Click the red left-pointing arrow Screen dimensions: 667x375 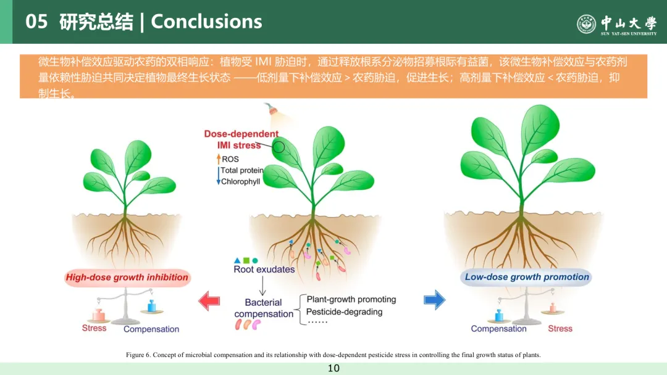coord(209,300)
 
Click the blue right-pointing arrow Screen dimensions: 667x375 coord(435,300)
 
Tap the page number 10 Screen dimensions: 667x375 coord(333,368)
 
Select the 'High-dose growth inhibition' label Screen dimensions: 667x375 coord(127,278)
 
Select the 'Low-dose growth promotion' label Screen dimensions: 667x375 coord(527,277)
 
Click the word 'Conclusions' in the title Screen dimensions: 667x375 coord(206,22)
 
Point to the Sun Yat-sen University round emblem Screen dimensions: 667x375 coord(586,24)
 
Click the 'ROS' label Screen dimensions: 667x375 coord(230,159)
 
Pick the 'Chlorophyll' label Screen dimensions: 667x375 coord(241,182)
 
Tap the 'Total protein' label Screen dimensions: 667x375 coord(242,170)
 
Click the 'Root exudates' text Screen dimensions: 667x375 coord(264,270)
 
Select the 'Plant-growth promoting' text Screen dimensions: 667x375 coord(351,300)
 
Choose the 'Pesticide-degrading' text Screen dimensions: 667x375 coord(345,311)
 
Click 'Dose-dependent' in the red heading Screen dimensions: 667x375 coord(241,134)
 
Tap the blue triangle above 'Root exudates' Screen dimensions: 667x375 coord(237,260)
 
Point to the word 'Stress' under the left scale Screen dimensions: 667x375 coord(94,328)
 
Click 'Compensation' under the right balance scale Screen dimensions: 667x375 coord(498,329)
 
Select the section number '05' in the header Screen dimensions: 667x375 coord(36,22)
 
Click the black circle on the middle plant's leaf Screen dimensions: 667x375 coord(279,147)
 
